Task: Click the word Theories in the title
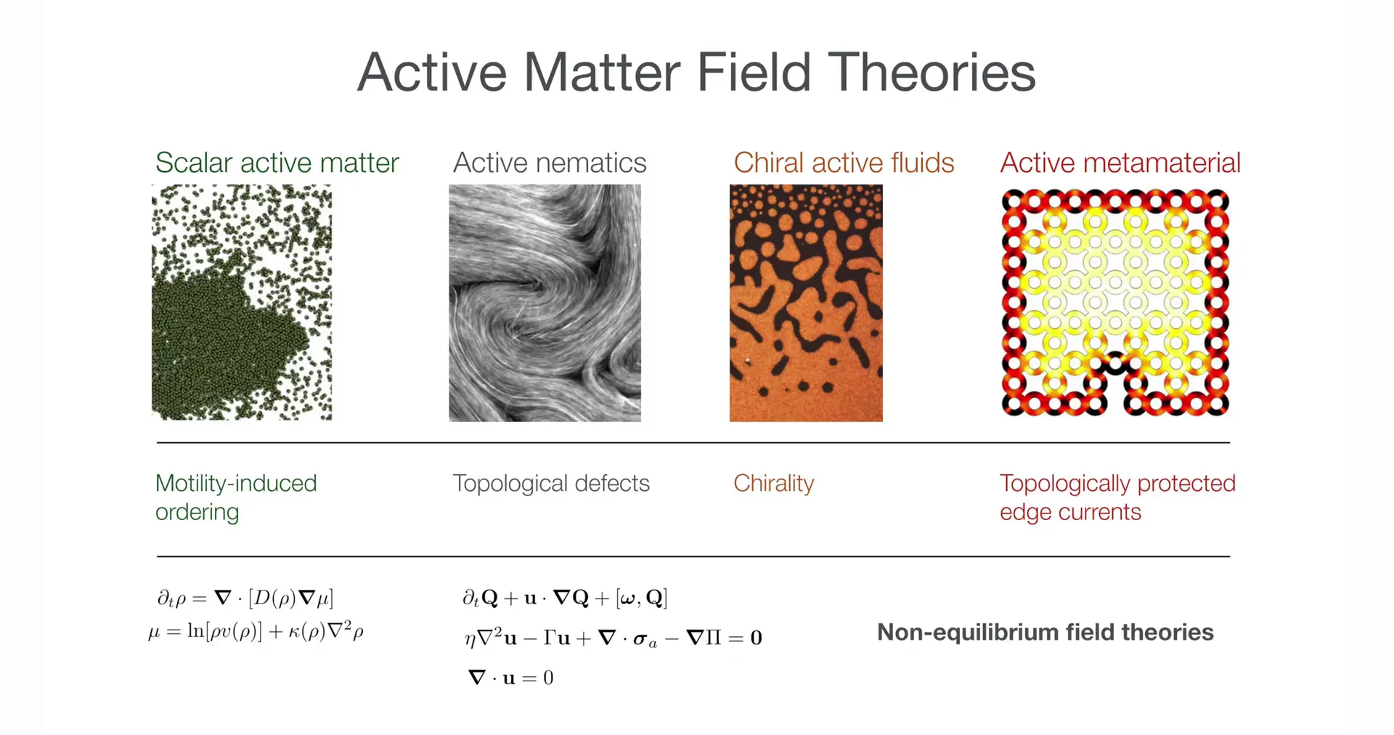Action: click(x=932, y=72)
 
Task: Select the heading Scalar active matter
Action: click(x=277, y=163)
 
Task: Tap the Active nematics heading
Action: click(x=550, y=163)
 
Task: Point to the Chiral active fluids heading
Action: click(x=844, y=163)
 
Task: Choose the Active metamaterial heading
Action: click(x=1120, y=163)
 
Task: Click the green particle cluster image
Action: click(x=242, y=302)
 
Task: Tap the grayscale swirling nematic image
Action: click(x=545, y=303)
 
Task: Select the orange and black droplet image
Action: click(x=806, y=303)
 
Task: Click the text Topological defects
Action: click(x=551, y=483)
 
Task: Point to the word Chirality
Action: click(x=774, y=484)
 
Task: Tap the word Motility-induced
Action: click(x=236, y=483)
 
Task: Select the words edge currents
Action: click(x=1070, y=512)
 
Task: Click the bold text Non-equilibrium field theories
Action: click(x=1045, y=632)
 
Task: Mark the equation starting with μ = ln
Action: click(x=256, y=630)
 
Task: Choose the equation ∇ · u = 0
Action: click(x=510, y=678)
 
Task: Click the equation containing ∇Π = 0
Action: click(x=613, y=638)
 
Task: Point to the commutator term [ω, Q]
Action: click(x=641, y=598)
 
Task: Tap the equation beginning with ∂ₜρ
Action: click(x=245, y=598)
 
